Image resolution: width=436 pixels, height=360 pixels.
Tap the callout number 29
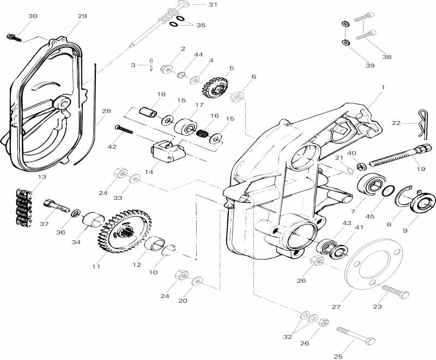[x=82, y=16]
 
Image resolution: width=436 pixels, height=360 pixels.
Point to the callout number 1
[x=383, y=87]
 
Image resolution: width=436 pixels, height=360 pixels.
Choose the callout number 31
[x=212, y=4]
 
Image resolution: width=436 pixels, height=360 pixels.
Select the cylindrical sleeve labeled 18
[x=148, y=112]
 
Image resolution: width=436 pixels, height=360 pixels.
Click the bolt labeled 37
[x=55, y=206]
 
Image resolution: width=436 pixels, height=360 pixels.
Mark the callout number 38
[x=386, y=56]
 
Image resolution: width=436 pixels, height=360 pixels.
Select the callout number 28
[x=106, y=111]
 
